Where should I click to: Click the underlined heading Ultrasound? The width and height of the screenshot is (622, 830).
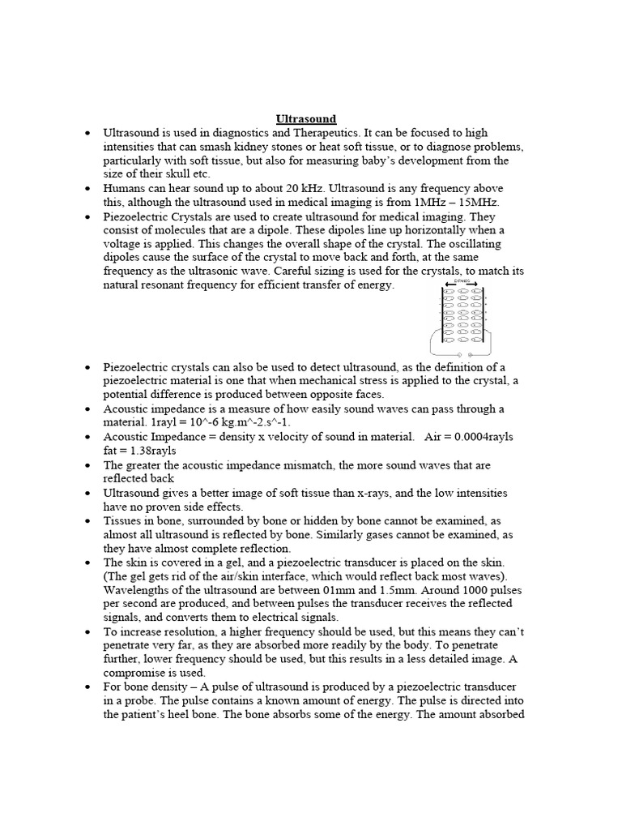point(305,118)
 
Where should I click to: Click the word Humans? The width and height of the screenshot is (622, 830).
point(124,188)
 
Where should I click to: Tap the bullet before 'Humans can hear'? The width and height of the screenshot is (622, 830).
point(87,188)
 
